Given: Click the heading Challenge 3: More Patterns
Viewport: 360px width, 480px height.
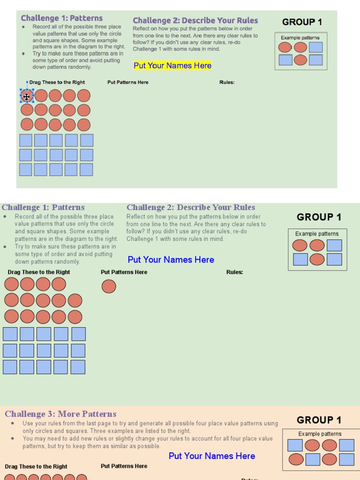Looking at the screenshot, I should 60,414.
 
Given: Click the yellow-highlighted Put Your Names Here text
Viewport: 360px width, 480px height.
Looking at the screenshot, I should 172,66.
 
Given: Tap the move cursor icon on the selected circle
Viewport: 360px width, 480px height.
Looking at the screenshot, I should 27,97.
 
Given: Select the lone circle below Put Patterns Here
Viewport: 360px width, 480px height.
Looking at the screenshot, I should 109,286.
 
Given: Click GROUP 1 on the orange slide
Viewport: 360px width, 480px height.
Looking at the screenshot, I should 319,420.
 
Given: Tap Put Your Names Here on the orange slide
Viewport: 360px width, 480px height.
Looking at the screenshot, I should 212,456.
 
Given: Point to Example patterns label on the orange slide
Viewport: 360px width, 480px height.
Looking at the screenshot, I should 320,434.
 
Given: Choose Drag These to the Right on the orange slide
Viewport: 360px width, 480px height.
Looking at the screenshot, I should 36,466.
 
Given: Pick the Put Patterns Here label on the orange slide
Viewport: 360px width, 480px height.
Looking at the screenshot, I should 124,466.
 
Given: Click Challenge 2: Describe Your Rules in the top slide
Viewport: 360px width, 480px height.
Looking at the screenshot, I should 195,21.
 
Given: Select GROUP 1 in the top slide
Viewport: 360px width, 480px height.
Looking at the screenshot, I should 302,22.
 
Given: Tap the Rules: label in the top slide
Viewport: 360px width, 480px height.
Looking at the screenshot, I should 227,82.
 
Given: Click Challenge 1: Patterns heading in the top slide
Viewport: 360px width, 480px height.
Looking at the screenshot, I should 62,18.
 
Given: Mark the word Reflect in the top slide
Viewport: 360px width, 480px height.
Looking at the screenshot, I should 142,29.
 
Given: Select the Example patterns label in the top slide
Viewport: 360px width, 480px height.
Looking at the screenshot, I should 300,38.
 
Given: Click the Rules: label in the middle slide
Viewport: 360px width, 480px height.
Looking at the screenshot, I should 234,272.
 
